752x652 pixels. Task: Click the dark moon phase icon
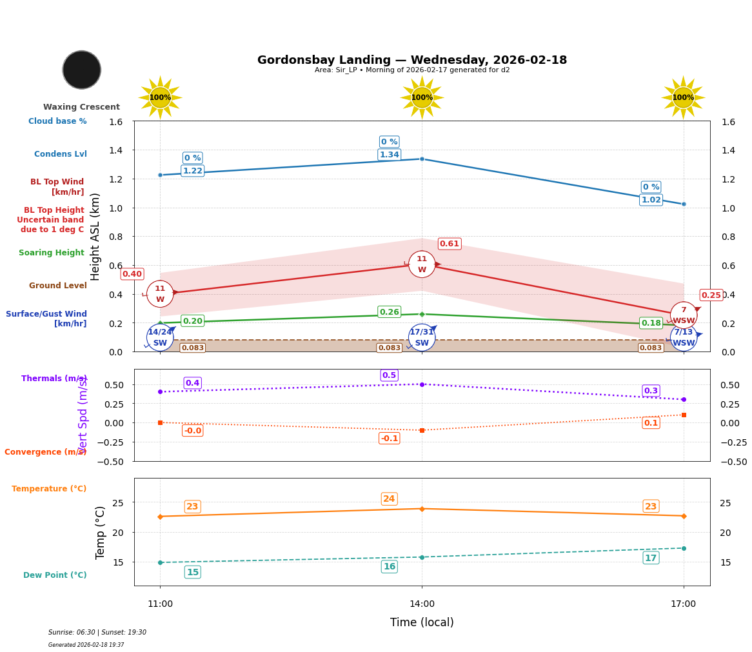click(x=82, y=70)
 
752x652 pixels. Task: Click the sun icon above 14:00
click(x=422, y=97)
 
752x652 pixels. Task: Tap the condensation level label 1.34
click(x=389, y=155)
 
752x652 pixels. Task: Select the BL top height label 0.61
click(x=449, y=244)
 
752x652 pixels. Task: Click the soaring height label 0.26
click(x=389, y=312)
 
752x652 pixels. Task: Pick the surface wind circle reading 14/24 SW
click(x=160, y=337)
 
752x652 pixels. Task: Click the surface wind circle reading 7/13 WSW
click(x=683, y=337)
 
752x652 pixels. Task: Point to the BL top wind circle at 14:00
click(x=422, y=264)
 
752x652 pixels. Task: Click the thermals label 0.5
click(x=389, y=375)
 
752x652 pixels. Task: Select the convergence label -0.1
click(x=389, y=439)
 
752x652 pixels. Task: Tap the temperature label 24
click(x=389, y=499)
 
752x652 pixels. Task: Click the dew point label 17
click(x=651, y=558)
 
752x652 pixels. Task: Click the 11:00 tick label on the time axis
click(x=160, y=604)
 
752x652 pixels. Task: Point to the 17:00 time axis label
click(x=683, y=604)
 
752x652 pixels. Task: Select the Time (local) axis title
click(x=422, y=622)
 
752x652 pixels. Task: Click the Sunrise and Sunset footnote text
click(x=97, y=633)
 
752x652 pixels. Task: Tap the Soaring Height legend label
click(x=52, y=253)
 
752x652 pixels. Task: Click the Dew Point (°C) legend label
click(x=55, y=575)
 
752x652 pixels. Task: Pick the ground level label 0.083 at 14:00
click(x=389, y=348)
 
